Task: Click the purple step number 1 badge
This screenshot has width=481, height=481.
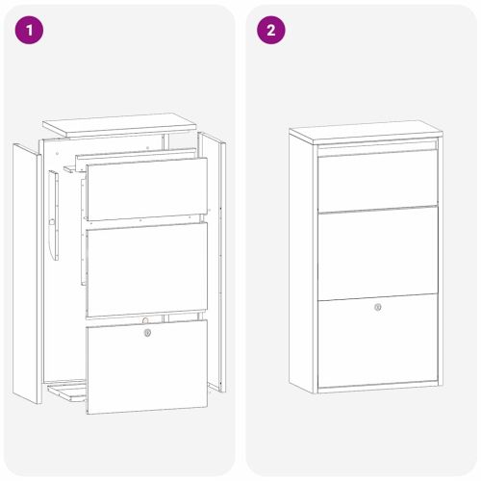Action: coord(30,31)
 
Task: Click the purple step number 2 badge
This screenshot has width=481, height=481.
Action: coord(270,31)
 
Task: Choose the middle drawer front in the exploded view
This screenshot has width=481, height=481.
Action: coord(146,268)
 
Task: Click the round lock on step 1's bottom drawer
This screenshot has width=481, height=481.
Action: coord(147,333)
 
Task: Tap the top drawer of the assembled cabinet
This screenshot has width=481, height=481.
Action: coord(377,180)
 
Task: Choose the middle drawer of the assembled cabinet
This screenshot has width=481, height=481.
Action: coord(377,255)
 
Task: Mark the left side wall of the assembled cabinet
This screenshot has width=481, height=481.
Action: coord(303,265)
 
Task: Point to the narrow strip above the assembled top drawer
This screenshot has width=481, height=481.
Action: coord(377,144)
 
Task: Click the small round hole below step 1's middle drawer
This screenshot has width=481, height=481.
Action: coord(144,319)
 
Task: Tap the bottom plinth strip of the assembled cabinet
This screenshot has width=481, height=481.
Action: coord(377,388)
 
